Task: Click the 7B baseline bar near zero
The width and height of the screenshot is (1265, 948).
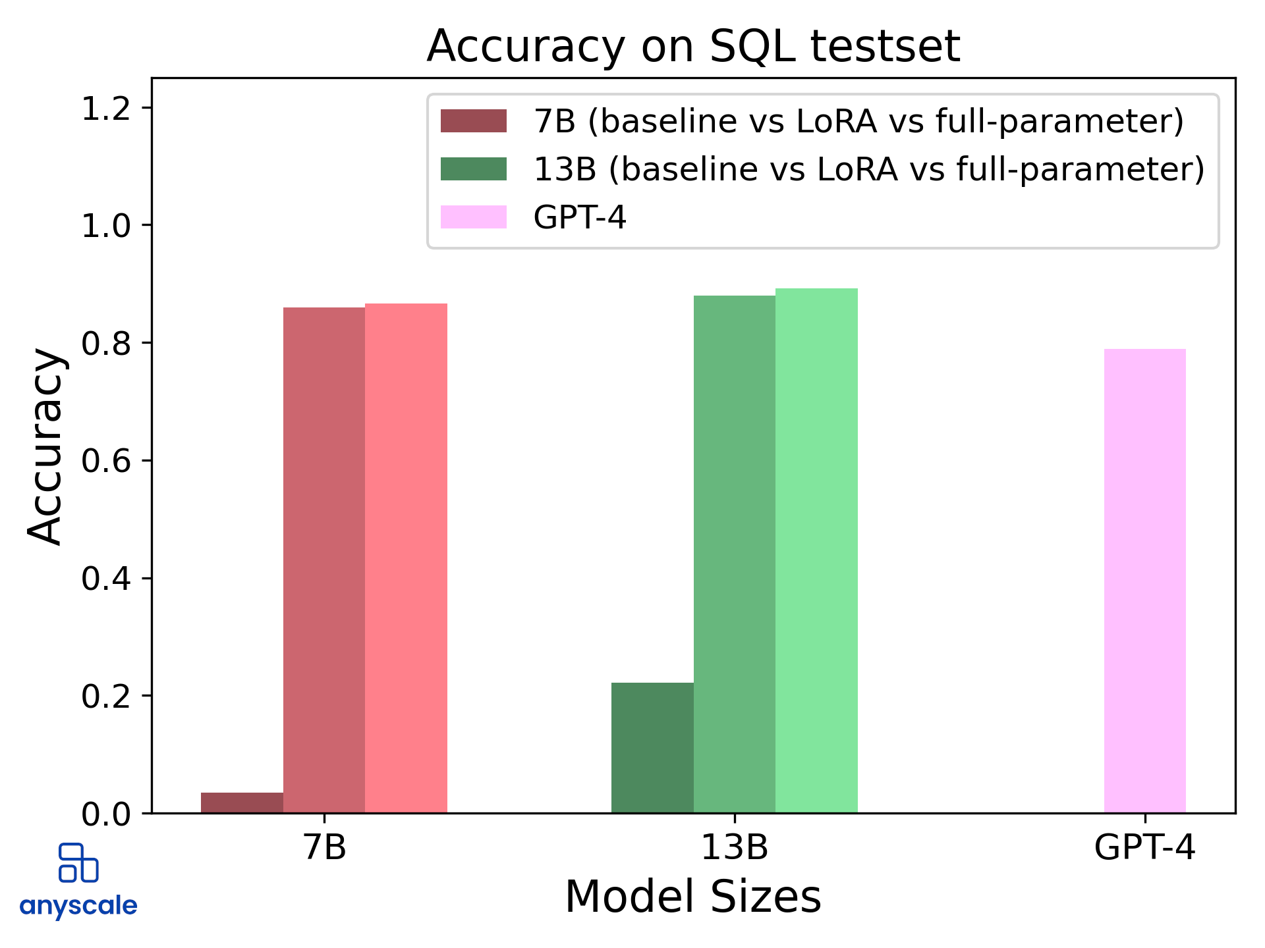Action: pyautogui.click(x=242, y=803)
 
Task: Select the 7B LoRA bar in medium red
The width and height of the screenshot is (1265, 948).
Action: pyautogui.click(x=324, y=560)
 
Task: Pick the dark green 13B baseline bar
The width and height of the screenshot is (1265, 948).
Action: pyautogui.click(x=652, y=747)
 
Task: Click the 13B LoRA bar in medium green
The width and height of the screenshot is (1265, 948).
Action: pyautogui.click(x=734, y=554)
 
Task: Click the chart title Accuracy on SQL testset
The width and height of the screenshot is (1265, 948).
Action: pyautogui.click(x=693, y=46)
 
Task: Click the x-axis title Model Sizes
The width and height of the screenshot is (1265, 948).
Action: pyautogui.click(x=693, y=897)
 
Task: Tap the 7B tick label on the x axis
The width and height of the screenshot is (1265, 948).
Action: pyautogui.click(x=324, y=847)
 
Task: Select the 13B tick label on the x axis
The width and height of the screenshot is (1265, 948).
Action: pyautogui.click(x=734, y=847)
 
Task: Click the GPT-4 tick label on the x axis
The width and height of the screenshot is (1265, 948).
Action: pyautogui.click(x=1144, y=847)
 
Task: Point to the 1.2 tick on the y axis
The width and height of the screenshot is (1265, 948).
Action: pyautogui.click(x=105, y=109)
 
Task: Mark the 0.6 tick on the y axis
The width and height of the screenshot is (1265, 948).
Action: pyautogui.click(x=105, y=461)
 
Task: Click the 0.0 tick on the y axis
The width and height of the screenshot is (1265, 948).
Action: pyautogui.click(x=105, y=814)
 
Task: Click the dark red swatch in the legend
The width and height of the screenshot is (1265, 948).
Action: pyautogui.click(x=473, y=121)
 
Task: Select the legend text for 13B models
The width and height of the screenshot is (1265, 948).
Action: pyautogui.click(x=868, y=169)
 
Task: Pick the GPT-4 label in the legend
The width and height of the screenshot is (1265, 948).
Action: pyautogui.click(x=580, y=217)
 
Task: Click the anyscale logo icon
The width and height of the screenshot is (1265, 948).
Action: pyautogui.click(x=78, y=862)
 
